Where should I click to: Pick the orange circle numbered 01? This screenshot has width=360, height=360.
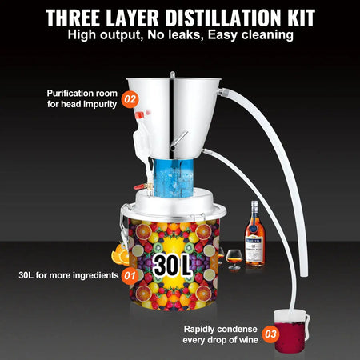pyautogui.click(x=129, y=277)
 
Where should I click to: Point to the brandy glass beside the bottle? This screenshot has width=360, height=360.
pyautogui.click(x=234, y=258)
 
